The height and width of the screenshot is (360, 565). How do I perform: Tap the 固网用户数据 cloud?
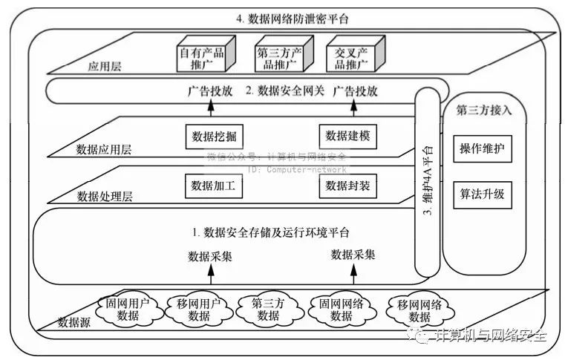(123, 309)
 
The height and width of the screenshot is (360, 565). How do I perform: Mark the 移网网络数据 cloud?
(419, 310)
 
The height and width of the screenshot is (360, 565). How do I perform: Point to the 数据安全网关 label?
(285, 92)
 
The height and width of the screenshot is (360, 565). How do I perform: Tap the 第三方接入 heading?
(483, 111)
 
